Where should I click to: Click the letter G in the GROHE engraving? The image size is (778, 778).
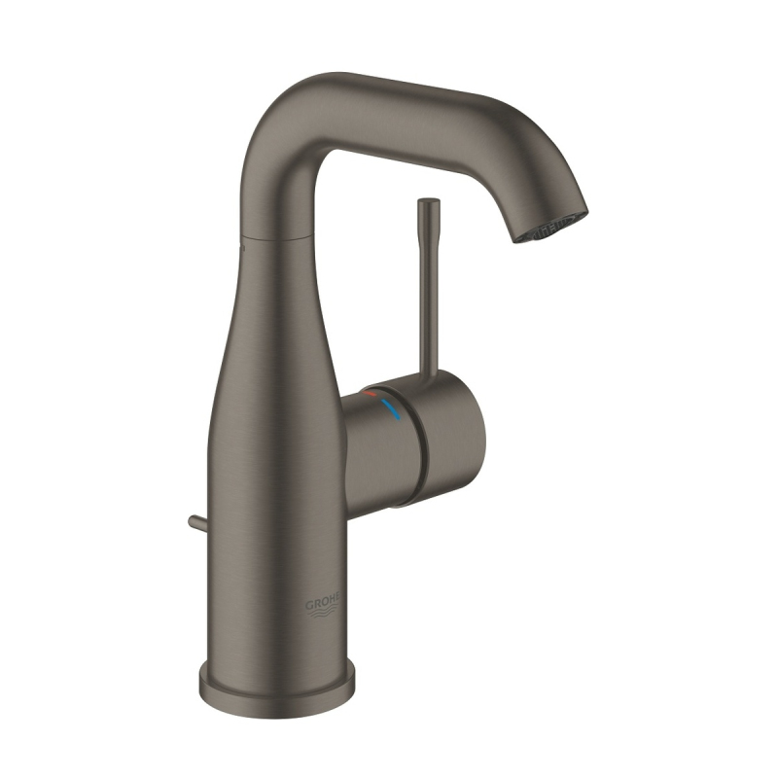pyautogui.click(x=308, y=606)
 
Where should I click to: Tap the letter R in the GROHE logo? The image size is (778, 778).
pyautogui.click(x=316, y=605)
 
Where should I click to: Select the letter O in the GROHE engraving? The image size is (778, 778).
pyautogui.click(x=324, y=604)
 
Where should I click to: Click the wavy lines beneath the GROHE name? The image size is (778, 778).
pyautogui.click(x=324, y=615)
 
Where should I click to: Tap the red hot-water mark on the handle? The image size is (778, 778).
pyautogui.click(x=370, y=393)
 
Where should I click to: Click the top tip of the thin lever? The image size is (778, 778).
pyautogui.click(x=429, y=201)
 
